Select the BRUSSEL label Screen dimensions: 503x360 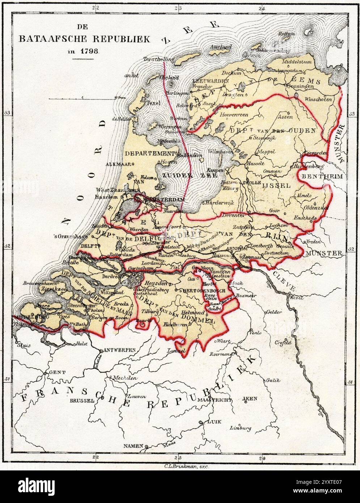coord(82,401)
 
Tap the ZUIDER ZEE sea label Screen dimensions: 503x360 coord(190,175)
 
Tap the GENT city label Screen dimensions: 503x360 coord(54,372)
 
